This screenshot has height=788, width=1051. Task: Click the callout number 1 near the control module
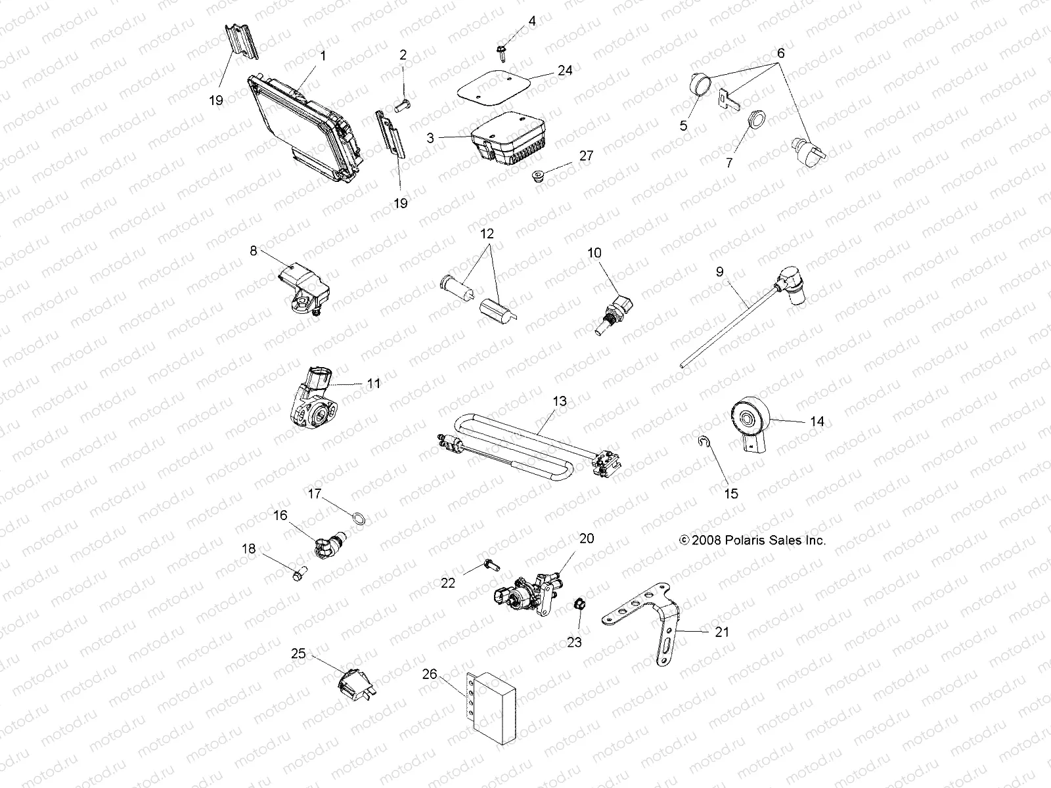[x=323, y=56]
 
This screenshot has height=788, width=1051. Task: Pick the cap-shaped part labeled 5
[x=699, y=85]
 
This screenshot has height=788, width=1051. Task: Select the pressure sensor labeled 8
[x=299, y=283]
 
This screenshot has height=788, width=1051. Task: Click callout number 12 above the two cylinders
[x=487, y=234]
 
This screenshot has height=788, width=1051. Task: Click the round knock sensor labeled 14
[x=749, y=421]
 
